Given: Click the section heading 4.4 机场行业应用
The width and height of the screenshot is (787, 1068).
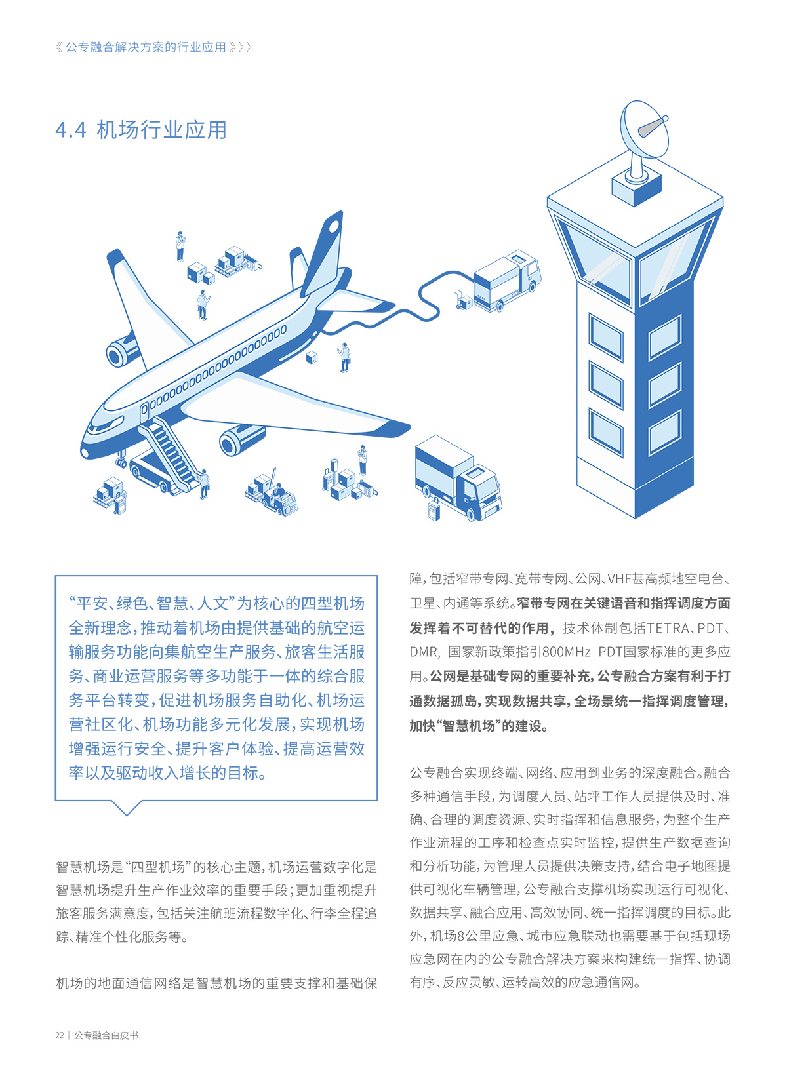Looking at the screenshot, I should [x=141, y=130].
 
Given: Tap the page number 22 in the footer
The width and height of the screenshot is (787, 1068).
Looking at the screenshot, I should [x=60, y=1035].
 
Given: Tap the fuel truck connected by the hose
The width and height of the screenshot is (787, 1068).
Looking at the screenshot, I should [x=507, y=282].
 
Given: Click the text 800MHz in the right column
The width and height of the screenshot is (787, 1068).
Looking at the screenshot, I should [x=567, y=652].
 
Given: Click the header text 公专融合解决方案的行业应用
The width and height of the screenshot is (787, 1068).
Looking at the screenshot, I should [x=146, y=47].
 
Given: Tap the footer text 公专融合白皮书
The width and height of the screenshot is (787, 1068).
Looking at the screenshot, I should [x=106, y=1035].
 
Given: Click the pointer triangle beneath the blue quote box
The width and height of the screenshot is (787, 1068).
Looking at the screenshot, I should [x=125, y=807].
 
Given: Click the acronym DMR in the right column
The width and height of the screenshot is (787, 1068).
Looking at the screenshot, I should [x=424, y=652].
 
